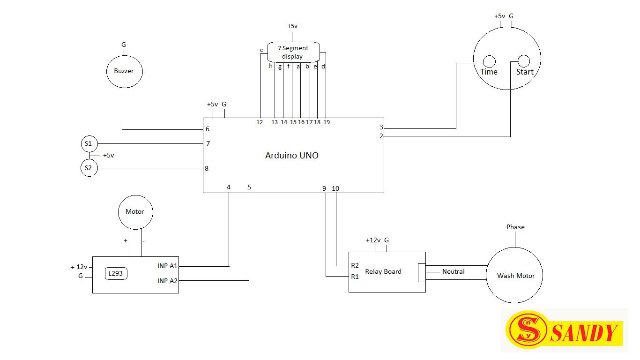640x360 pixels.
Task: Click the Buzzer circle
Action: point(124,71)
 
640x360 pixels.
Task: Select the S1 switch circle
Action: point(89,143)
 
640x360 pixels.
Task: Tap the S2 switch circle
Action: point(89,168)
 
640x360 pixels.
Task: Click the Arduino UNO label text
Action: point(291,156)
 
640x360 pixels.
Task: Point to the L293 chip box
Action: point(117,274)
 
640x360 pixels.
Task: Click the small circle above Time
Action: point(489,61)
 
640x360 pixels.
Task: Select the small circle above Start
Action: point(523,61)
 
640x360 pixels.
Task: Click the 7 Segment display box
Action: point(294,52)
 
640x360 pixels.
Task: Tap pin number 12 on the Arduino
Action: point(260,122)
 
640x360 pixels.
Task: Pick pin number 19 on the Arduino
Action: point(327,122)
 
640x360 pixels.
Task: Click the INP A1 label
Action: point(167,266)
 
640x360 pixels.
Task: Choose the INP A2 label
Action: point(167,281)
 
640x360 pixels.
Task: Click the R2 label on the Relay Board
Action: point(355,265)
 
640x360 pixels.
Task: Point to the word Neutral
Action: point(453,271)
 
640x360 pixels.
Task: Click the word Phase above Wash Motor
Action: point(515,227)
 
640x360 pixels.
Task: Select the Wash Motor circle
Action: point(515,276)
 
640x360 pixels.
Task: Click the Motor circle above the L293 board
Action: point(135,212)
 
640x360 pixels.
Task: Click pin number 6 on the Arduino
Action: point(207,129)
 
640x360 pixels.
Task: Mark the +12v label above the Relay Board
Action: point(373,240)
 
